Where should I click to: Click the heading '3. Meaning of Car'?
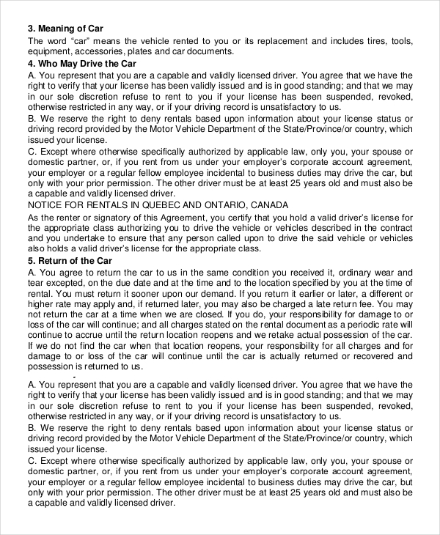(x=65, y=28)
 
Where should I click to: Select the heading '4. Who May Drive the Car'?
(x=81, y=63)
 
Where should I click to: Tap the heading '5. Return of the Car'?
(x=70, y=260)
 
